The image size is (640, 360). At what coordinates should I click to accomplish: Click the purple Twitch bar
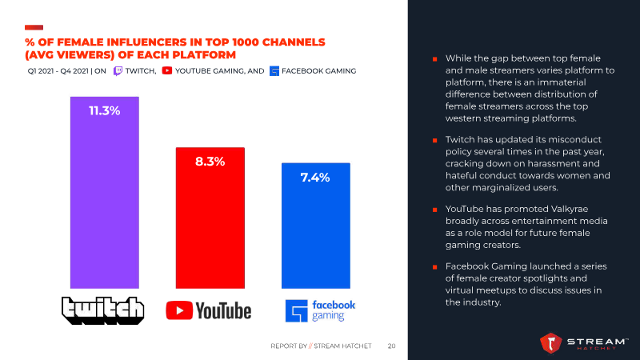point(104,192)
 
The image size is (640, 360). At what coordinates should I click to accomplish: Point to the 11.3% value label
point(104,111)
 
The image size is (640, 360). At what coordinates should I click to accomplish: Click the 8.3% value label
point(210,161)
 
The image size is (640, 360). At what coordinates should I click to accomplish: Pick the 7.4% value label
point(315,177)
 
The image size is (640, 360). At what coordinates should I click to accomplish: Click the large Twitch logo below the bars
point(104,310)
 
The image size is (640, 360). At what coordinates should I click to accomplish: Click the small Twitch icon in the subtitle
point(118,71)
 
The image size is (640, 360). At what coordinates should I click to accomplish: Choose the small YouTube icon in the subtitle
point(167,71)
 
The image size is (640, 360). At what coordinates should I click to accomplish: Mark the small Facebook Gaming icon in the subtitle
point(274,71)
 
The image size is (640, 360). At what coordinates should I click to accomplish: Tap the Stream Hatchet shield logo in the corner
point(552,343)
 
